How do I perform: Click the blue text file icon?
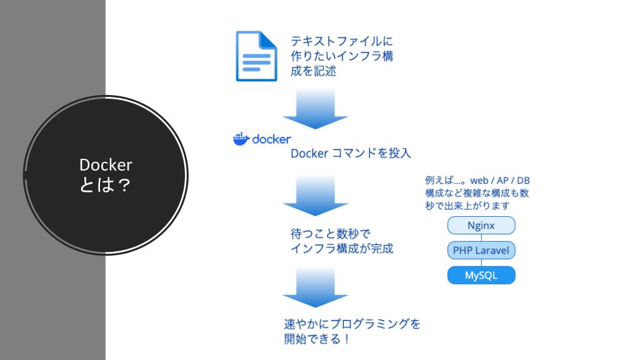point(256,56)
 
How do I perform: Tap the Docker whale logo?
point(241,139)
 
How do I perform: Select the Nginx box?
point(481,225)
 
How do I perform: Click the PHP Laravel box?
point(481,250)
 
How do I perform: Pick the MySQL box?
point(481,275)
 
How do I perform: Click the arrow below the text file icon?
point(316,109)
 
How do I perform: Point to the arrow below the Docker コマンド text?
point(316,196)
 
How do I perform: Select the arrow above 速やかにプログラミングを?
point(316,287)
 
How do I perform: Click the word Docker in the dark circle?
point(106,165)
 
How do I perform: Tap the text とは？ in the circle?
point(105,185)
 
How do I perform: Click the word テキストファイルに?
point(342,41)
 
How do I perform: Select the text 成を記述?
point(314,71)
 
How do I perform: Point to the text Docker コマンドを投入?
point(351,154)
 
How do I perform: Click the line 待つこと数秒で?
point(331,234)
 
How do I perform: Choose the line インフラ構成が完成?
point(342,248)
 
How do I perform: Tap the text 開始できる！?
point(317,339)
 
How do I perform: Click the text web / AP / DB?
point(500,181)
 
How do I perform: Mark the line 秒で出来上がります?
point(467,206)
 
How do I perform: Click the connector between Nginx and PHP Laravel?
point(481,238)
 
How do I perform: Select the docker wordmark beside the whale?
point(271,139)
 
